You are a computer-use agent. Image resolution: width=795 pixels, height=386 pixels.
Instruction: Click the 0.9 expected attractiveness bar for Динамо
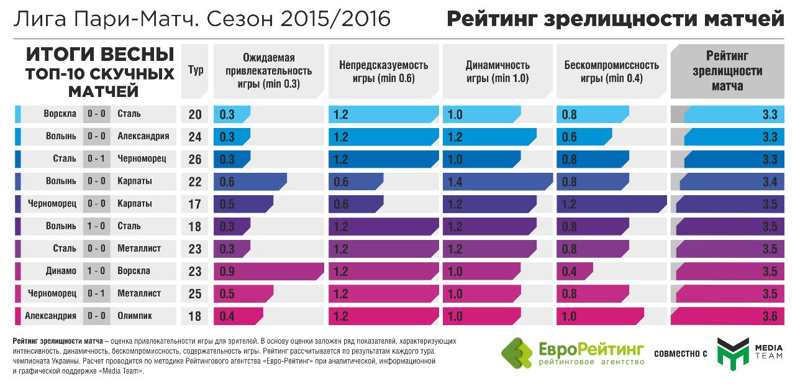(268, 271)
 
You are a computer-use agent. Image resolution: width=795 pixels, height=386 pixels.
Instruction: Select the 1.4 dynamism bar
(497, 182)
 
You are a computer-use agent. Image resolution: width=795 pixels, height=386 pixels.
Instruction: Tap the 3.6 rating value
(770, 316)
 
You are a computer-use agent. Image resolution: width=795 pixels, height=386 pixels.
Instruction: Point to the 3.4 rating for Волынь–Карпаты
(770, 182)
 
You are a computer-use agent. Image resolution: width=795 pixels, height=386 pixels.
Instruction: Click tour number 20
(195, 114)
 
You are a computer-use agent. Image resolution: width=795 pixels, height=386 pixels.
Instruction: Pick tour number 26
(195, 159)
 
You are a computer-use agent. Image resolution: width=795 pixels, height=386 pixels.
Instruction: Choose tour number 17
(195, 204)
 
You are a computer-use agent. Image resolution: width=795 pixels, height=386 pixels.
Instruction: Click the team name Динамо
(61, 271)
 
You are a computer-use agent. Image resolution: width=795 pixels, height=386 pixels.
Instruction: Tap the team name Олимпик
(135, 316)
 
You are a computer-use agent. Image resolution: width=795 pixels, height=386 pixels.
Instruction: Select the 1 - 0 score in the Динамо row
(96, 271)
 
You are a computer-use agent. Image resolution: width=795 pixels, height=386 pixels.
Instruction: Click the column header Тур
(196, 71)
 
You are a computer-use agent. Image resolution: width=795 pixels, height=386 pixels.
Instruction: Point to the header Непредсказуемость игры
(383, 71)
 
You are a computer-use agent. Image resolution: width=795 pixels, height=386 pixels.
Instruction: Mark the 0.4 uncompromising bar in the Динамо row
(575, 271)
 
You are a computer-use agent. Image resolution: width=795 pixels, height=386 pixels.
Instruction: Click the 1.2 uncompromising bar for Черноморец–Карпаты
(611, 204)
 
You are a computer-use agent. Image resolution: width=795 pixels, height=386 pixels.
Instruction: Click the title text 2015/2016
(336, 19)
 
